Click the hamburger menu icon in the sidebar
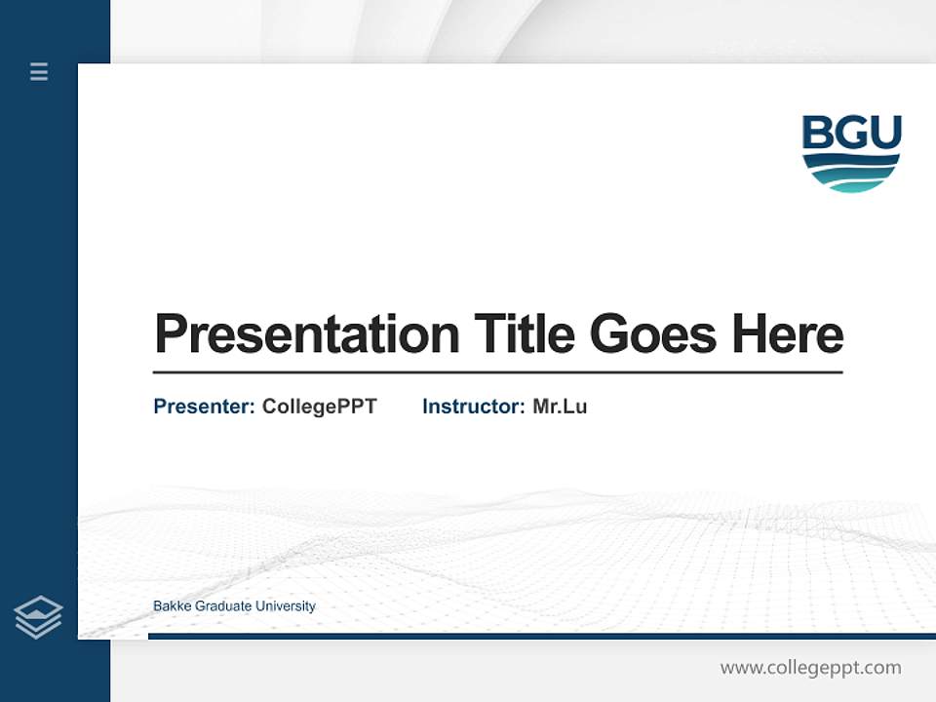click(x=39, y=71)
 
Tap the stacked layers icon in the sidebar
click(x=39, y=617)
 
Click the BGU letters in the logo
click(x=851, y=134)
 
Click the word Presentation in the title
click(x=307, y=334)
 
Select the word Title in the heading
click(x=525, y=334)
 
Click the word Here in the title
click(x=788, y=334)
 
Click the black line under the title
click(x=497, y=372)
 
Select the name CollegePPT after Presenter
click(x=320, y=407)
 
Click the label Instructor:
click(x=474, y=407)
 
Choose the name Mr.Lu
click(x=560, y=407)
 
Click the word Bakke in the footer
click(x=173, y=606)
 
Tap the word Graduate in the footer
click(x=223, y=606)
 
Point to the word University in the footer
click(x=285, y=606)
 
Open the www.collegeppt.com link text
click(x=810, y=668)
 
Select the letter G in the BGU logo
click(x=851, y=134)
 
